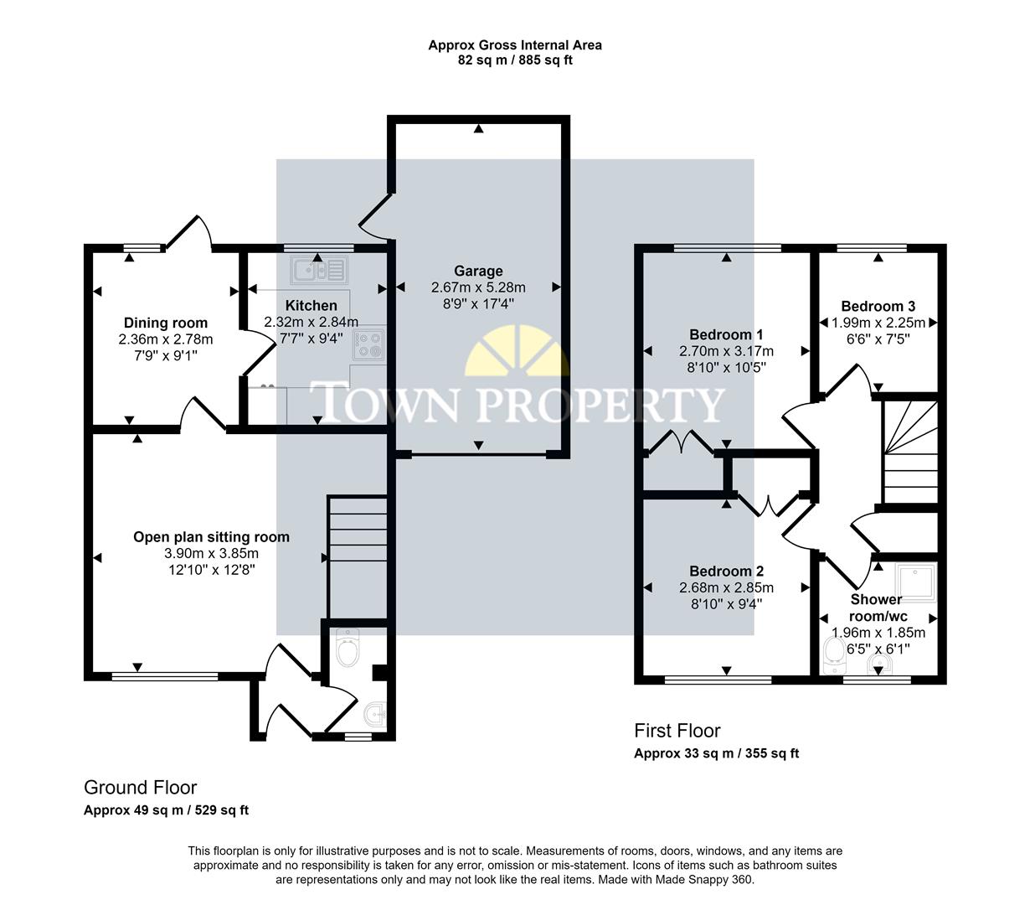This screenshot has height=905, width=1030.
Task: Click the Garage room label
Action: point(478,271)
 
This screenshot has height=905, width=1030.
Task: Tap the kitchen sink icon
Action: point(317,270)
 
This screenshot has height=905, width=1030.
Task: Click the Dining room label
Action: point(166,323)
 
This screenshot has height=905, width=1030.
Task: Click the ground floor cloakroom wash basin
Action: point(373,715)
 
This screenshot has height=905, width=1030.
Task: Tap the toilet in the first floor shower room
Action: point(833,655)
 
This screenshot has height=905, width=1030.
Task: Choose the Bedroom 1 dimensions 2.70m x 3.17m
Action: point(726,351)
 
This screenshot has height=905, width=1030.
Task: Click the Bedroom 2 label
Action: point(726,571)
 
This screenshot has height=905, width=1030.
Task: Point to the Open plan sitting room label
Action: point(211,537)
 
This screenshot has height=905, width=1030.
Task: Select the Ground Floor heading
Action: point(140,788)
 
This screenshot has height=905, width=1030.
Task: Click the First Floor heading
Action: point(677,731)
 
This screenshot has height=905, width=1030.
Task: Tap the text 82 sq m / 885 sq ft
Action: point(514,60)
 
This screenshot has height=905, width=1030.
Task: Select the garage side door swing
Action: point(374,214)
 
